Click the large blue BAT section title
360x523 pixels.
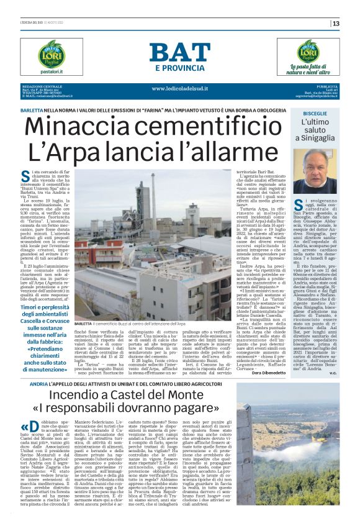point(179,53)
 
